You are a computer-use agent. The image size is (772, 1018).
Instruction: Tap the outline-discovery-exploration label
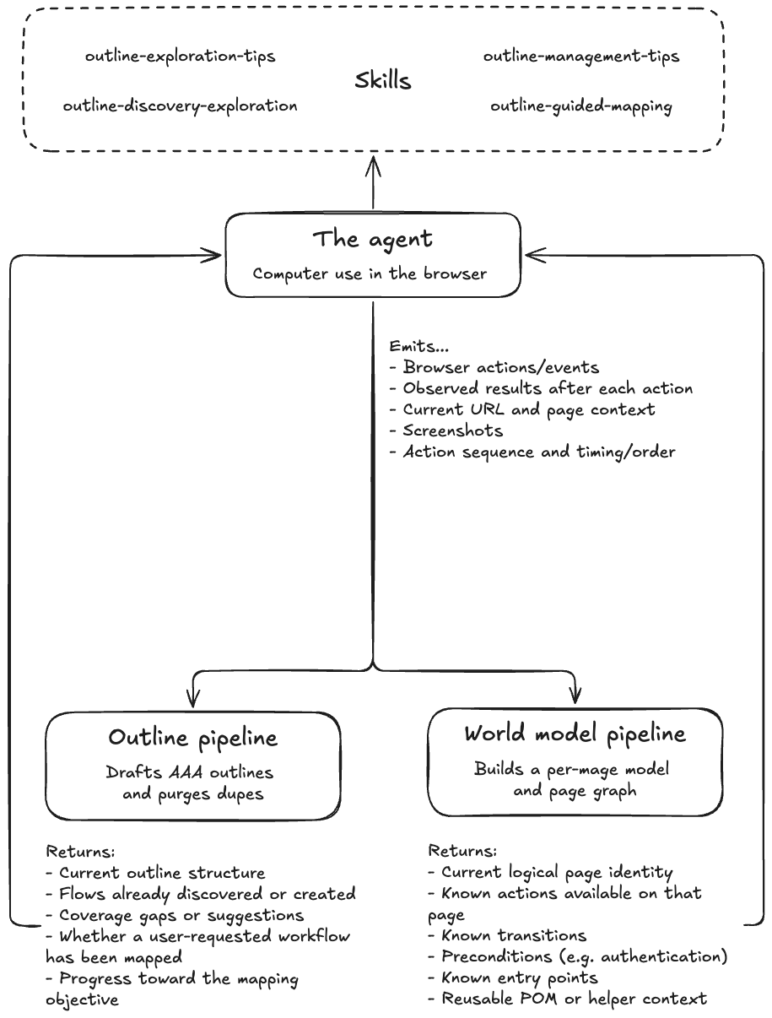coord(181,106)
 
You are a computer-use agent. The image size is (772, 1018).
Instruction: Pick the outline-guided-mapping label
coord(581,106)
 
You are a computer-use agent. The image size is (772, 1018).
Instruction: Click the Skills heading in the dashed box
coord(383,80)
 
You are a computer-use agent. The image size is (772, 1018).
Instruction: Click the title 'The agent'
coord(373,240)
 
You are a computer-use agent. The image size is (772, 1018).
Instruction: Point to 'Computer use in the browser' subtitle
coord(370,273)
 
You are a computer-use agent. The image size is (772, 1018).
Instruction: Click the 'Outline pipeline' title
coord(192,739)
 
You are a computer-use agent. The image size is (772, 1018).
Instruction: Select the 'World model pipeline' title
coord(575,734)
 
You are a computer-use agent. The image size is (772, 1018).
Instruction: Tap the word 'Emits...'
coord(418,346)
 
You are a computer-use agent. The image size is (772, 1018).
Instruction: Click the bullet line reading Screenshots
coord(446,430)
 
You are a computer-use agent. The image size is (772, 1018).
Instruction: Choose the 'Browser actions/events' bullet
coord(494,367)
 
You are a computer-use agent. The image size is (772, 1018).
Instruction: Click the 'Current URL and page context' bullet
coord(522,410)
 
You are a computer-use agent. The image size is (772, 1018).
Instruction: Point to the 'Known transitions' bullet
coord(507,935)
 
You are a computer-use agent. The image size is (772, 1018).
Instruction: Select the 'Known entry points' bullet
coord(513,977)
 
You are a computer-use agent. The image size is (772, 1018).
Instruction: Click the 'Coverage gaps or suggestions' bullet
coord(175,916)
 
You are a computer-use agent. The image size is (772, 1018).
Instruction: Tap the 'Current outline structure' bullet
coord(156,873)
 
